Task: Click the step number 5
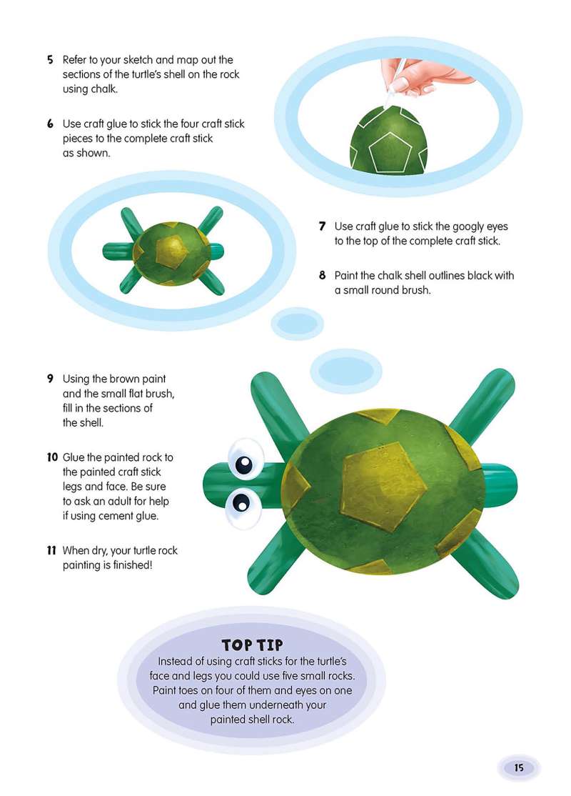coord(50,60)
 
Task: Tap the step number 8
coord(322,276)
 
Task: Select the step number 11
coord(51,550)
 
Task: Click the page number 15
coord(519,767)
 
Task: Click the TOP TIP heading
coord(252,645)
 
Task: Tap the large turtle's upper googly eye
coord(246,459)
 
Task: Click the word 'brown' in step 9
coord(124,379)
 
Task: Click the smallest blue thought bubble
coord(297,323)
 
